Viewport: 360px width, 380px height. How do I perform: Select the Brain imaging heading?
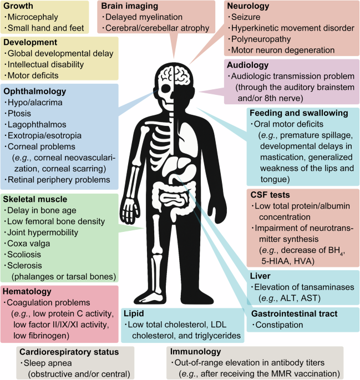(x=131, y=6)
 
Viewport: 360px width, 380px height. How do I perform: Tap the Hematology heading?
(x=28, y=291)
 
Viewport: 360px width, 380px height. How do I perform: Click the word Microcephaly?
(x=34, y=18)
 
